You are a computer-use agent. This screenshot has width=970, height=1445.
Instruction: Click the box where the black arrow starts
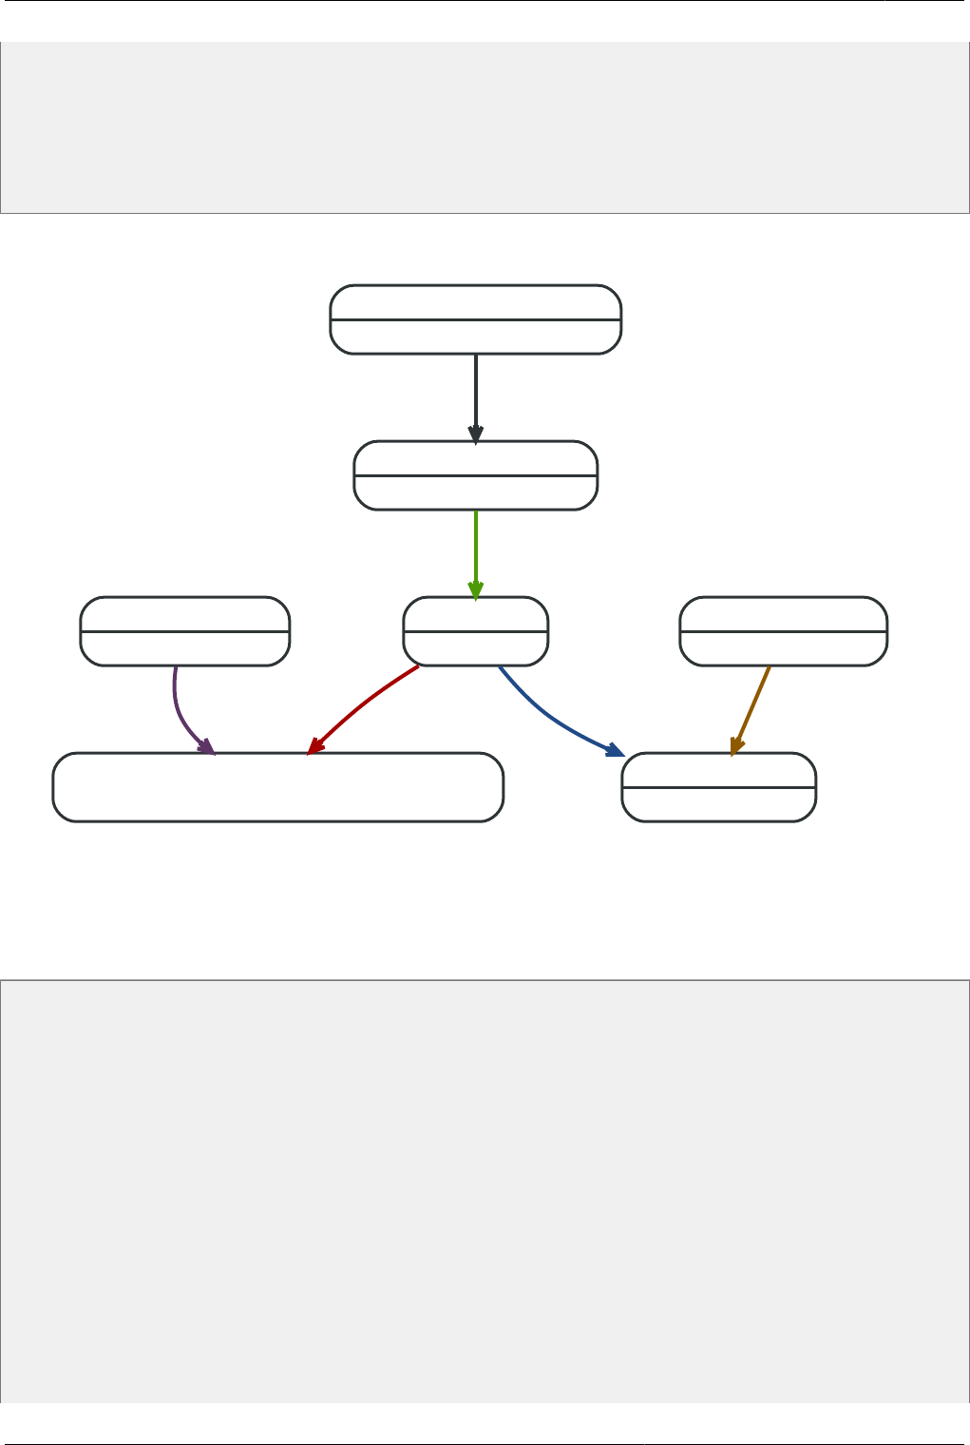pyautogui.click(x=475, y=319)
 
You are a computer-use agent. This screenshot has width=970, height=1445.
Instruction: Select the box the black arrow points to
pyautogui.click(x=475, y=475)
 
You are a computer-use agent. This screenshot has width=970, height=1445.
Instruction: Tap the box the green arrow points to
pyautogui.click(x=475, y=631)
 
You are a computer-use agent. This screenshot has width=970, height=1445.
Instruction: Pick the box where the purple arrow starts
pyautogui.click(x=184, y=631)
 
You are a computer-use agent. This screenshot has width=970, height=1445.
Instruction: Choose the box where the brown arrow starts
pyautogui.click(x=783, y=631)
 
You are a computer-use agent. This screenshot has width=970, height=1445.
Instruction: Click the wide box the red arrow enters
pyautogui.click(x=277, y=787)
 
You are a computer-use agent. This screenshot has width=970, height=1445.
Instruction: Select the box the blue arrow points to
pyautogui.click(x=718, y=787)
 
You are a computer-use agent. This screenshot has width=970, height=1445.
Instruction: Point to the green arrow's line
pyautogui.click(x=475, y=547)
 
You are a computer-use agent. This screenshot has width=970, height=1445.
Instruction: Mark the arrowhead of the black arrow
pyautogui.click(x=475, y=433)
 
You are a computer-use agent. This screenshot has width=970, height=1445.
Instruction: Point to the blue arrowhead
pyautogui.click(x=614, y=749)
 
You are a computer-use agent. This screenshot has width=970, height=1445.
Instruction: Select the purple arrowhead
pyautogui.click(x=206, y=746)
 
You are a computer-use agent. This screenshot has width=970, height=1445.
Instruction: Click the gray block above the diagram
pyautogui.click(x=485, y=127)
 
